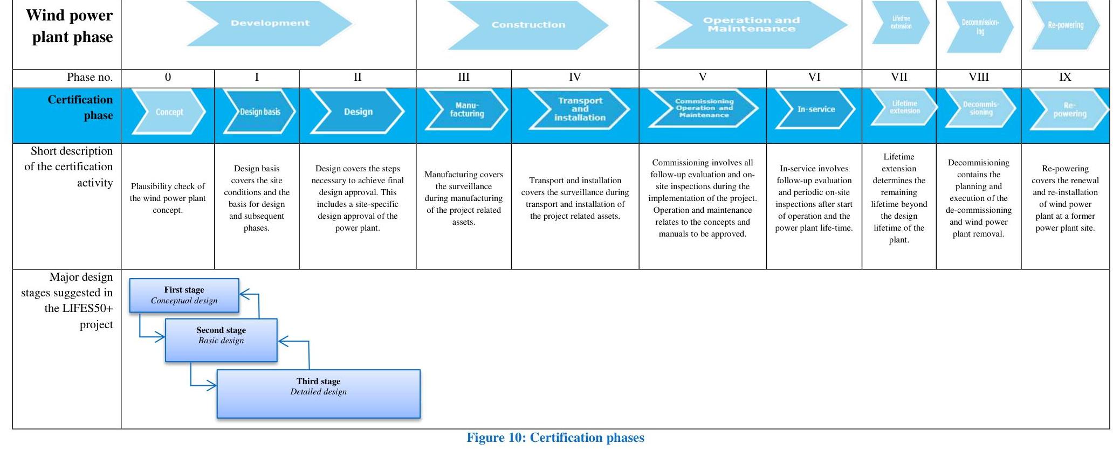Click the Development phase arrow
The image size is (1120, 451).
pyautogui.click(x=270, y=23)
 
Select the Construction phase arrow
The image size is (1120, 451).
pyautogui.click(x=528, y=25)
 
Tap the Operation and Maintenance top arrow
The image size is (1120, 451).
pyautogui.click(x=751, y=25)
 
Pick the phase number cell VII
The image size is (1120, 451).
pyautogui.click(x=898, y=78)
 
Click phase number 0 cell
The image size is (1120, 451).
pyautogui.click(x=168, y=78)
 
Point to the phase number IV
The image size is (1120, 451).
pyautogui.click(x=575, y=78)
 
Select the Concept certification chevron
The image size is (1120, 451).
pyautogui.click(x=169, y=112)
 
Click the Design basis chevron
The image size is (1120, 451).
pyautogui.click(x=259, y=112)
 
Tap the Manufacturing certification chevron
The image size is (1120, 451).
pyautogui.click(x=466, y=110)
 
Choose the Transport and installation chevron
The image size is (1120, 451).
pyautogui.click(x=579, y=109)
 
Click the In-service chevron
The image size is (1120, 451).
pyautogui.click(x=815, y=109)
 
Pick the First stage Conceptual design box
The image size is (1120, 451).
pyautogui.click(x=184, y=295)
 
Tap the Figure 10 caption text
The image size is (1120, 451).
pyautogui.click(x=555, y=438)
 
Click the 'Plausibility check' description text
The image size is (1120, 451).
pyautogui.click(x=168, y=198)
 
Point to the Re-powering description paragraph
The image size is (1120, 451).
pyautogui.click(x=1065, y=198)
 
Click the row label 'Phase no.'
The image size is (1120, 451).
pyautogui.click(x=90, y=78)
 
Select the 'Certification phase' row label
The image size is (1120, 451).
pyautogui.click(x=81, y=107)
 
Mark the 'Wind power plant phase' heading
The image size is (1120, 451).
pyautogui.click(x=70, y=26)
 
